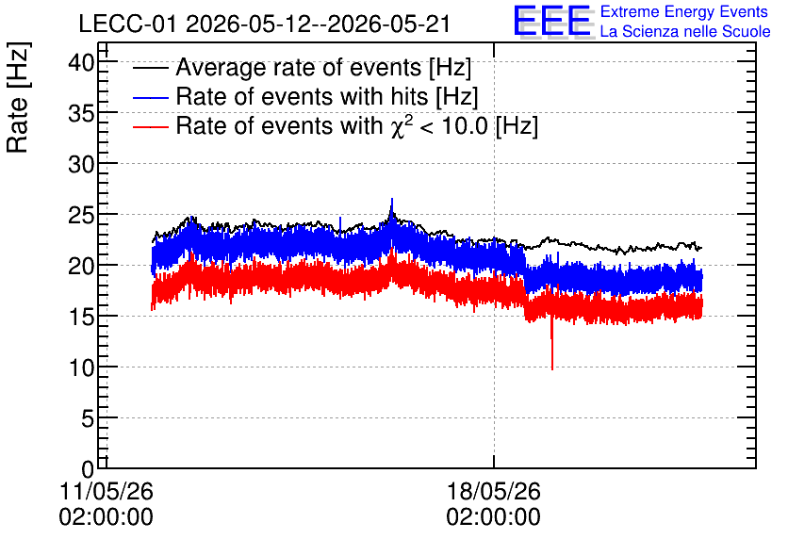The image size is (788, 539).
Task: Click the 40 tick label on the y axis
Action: [81, 63]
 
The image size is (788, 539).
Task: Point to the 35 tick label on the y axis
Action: [81, 114]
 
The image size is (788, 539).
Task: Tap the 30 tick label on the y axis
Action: [81, 164]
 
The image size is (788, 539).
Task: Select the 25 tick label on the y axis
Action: [81, 216]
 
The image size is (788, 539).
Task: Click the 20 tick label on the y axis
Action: [81, 267]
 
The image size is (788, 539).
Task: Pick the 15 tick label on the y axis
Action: [81, 317]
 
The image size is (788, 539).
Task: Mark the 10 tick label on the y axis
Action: [81, 368]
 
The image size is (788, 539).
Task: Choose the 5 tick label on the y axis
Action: [88, 418]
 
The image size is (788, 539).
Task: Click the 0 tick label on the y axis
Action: [88, 469]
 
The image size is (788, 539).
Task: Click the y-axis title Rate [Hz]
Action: [18, 97]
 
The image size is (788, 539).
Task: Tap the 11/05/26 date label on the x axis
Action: [106, 491]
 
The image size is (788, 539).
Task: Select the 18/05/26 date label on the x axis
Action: [494, 491]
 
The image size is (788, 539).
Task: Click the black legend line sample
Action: [150, 67]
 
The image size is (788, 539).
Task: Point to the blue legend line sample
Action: [150, 97]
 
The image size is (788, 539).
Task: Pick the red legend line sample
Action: [150, 126]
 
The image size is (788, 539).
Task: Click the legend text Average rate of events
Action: [299, 67]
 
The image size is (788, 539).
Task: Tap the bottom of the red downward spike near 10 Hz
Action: [552, 369]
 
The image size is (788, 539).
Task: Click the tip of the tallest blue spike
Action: [392, 199]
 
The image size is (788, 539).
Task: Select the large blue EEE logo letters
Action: [552, 21]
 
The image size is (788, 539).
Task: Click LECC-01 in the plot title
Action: [127, 24]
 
